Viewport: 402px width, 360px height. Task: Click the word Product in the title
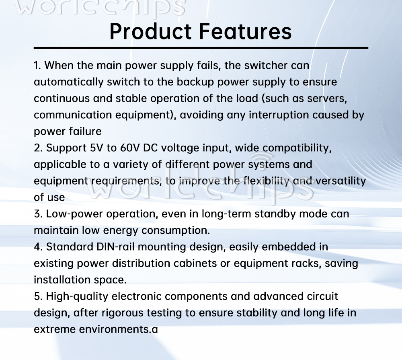point(150,31)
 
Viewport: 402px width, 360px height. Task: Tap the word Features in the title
point(245,31)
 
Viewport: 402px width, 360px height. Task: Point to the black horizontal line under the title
point(201,48)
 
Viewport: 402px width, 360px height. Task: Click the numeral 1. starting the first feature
point(37,66)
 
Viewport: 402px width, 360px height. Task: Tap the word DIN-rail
point(115,247)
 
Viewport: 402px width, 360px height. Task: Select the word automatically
point(68,82)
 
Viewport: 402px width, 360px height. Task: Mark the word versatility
point(341,181)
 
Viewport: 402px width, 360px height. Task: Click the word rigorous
point(122,313)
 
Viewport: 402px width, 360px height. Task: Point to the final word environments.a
point(118,329)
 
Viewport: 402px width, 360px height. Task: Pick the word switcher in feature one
point(266,66)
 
